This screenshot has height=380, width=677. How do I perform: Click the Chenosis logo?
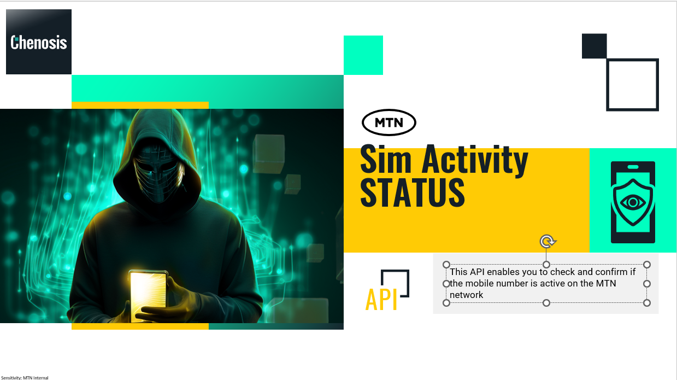tap(39, 42)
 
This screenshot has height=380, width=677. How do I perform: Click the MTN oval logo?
tap(388, 122)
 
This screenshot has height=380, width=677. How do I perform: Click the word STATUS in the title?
tap(412, 192)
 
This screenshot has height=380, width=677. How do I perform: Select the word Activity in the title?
tap(475, 160)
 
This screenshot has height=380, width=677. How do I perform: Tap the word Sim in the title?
tap(386, 159)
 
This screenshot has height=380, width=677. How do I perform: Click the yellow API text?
tap(381, 300)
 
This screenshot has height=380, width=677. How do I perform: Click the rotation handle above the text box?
tap(547, 242)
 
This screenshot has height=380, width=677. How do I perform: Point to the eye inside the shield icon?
tap(633, 202)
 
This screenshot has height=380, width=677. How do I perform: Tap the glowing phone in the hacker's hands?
tap(148, 295)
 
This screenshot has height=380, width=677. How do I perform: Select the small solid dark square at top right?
tap(594, 46)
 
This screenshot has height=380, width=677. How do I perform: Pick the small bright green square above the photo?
tap(363, 55)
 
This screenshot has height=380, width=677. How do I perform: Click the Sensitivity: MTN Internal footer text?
tap(25, 378)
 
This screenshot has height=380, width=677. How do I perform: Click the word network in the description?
tap(466, 295)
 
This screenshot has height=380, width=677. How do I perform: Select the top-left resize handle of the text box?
tap(446, 265)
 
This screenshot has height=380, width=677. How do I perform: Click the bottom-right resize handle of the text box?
tap(647, 303)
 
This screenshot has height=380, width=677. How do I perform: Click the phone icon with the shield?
tap(633, 202)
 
